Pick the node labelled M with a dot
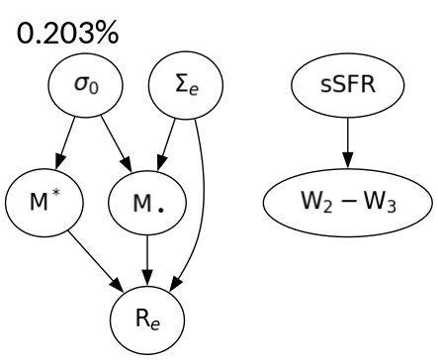147,208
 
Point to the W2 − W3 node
346,208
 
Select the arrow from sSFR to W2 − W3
346,148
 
